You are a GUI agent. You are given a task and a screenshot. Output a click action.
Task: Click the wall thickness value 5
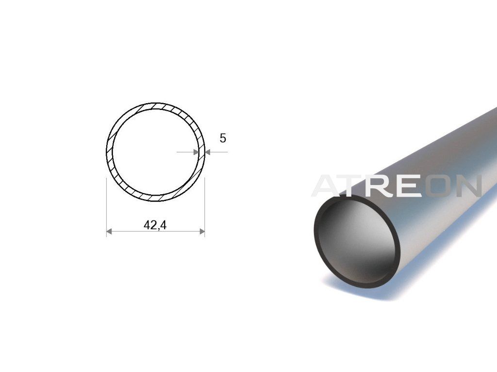pos(223,138)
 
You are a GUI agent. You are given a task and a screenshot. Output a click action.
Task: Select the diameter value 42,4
pos(155,225)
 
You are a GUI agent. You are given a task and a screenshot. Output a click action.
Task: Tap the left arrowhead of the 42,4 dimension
pos(109,232)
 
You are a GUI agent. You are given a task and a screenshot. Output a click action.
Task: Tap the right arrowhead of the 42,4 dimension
pos(202,232)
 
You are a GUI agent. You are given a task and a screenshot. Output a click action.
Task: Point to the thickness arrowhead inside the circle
pos(196,152)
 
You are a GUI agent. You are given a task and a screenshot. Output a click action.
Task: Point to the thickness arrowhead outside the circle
pos(208,152)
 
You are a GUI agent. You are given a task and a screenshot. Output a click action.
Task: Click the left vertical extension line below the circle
pos(106,207)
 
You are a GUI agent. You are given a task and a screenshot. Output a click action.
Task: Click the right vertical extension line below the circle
pos(205,207)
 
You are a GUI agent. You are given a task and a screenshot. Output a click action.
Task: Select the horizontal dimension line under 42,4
pos(155,232)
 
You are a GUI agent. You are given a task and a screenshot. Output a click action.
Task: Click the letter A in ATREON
pos(329,186)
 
